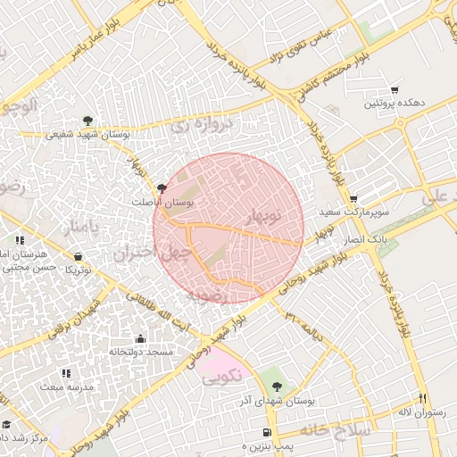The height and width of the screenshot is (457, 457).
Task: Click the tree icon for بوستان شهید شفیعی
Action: pyautogui.click(x=87, y=120)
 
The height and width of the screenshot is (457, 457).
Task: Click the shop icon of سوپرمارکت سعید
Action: pyautogui.click(x=354, y=199)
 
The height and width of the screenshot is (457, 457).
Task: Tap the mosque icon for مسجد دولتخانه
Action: pyautogui.click(x=140, y=339)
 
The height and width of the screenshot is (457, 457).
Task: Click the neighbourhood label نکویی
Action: pyautogui.click(x=222, y=379)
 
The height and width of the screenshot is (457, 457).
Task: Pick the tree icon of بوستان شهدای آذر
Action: pyautogui.click(x=277, y=386)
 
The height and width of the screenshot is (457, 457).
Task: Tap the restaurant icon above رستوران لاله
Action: pyautogui.click(x=423, y=398)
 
